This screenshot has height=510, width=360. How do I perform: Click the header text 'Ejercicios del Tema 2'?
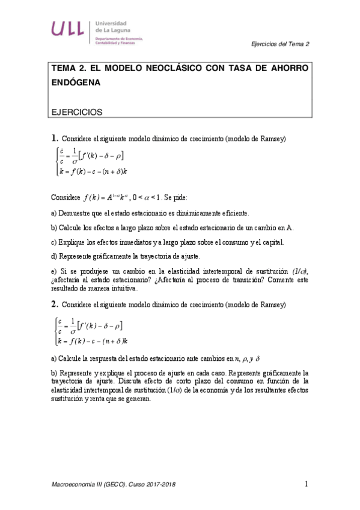pos(280,44)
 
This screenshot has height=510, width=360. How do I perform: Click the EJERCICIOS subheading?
pos(77,111)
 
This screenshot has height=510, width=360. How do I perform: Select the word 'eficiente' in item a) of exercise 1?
pos(230,213)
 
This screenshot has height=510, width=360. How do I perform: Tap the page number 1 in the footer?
pos(306,484)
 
